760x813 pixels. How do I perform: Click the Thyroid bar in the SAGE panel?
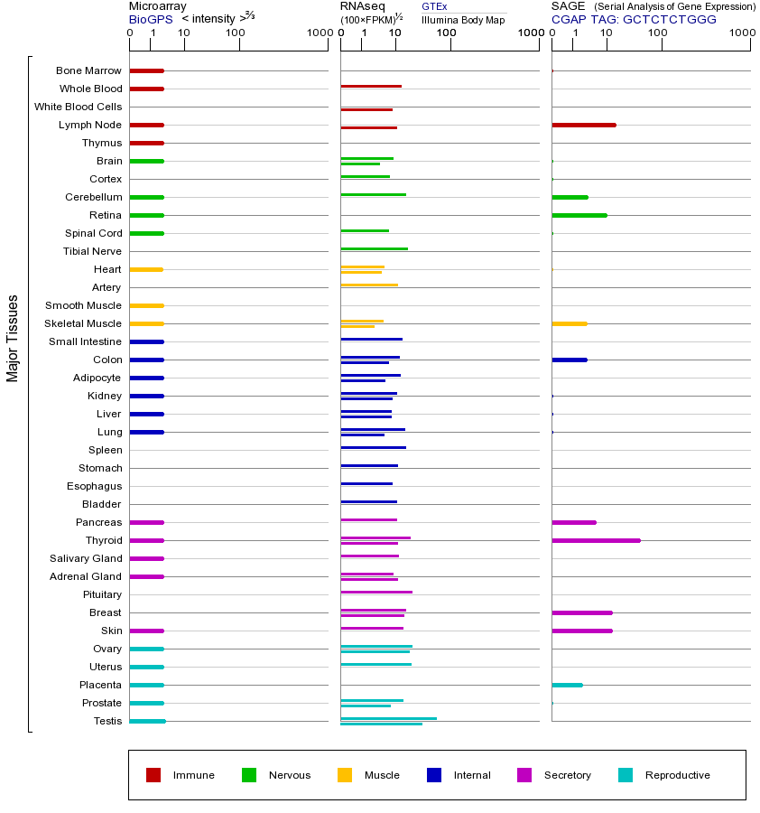click(x=596, y=540)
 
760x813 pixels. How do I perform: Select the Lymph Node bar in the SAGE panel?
click(x=583, y=125)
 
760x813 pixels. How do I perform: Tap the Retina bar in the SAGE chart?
click(x=579, y=215)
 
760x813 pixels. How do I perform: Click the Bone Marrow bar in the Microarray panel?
click(x=146, y=70)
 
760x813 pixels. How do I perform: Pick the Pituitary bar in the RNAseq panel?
click(x=375, y=592)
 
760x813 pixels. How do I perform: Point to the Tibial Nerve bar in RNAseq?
click(x=374, y=248)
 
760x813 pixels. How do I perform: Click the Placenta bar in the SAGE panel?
click(x=567, y=685)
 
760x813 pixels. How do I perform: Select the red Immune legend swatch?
click(x=153, y=775)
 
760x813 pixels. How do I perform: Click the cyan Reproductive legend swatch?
click(x=626, y=775)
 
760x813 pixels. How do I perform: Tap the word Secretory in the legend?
click(x=567, y=775)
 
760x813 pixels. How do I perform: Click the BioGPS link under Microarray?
click(x=149, y=19)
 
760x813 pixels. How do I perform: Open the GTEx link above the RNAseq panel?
click(x=434, y=7)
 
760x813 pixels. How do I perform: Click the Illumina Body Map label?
click(x=463, y=19)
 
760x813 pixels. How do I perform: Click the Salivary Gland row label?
click(x=86, y=558)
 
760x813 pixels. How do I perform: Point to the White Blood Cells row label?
click(x=78, y=107)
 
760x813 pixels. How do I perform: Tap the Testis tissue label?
click(x=107, y=721)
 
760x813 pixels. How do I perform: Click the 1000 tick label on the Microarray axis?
click(x=318, y=33)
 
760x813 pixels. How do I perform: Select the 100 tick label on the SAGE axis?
click(x=658, y=33)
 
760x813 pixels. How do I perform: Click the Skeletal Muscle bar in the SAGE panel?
click(x=569, y=323)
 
